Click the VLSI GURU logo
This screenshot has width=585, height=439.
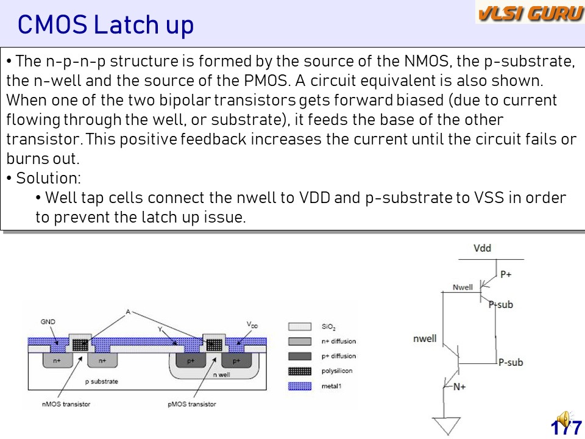pyautogui.click(x=530, y=13)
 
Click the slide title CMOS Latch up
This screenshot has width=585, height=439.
pyautogui.click(x=105, y=25)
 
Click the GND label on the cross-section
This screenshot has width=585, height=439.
pyautogui.click(x=48, y=321)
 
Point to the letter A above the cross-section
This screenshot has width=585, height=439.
pyautogui.click(x=128, y=312)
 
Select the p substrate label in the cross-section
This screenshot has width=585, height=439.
pyautogui.click(x=101, y=381)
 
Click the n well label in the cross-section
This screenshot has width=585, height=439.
pyautogui.click(x=221, y=374)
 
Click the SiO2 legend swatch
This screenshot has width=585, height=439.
pyautogui.click(x=299, y=327)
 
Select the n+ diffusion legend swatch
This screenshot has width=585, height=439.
pyautogui.click(x=299, y=341)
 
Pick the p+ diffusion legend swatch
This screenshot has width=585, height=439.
pyautogui.click(x=299, y=356)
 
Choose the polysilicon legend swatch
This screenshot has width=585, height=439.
pyautogui.click(x=299, y=371)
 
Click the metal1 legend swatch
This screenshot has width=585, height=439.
pyautogui.click(x=299, y=386)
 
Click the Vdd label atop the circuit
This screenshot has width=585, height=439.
pyautogui.click(x=482, y=248)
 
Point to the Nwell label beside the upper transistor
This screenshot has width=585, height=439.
pyautogui.click(x=463, y=287)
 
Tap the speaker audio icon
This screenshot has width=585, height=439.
pyautogui.click(x=564, y=419)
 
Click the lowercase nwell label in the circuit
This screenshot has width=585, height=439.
pyautogui.click(x=425, y=338)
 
